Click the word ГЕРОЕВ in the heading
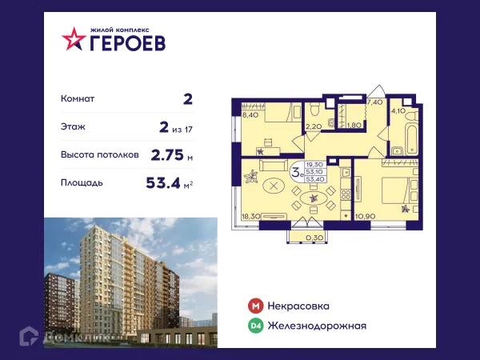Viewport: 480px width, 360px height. point(128,42)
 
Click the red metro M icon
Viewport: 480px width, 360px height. point(254,306)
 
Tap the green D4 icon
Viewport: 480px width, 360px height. point(254,325)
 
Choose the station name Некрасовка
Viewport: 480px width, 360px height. point(299,306)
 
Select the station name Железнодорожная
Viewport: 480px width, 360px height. point(318,325)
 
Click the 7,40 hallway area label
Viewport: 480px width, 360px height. point(374,103)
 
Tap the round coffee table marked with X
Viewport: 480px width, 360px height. point(276,186)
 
